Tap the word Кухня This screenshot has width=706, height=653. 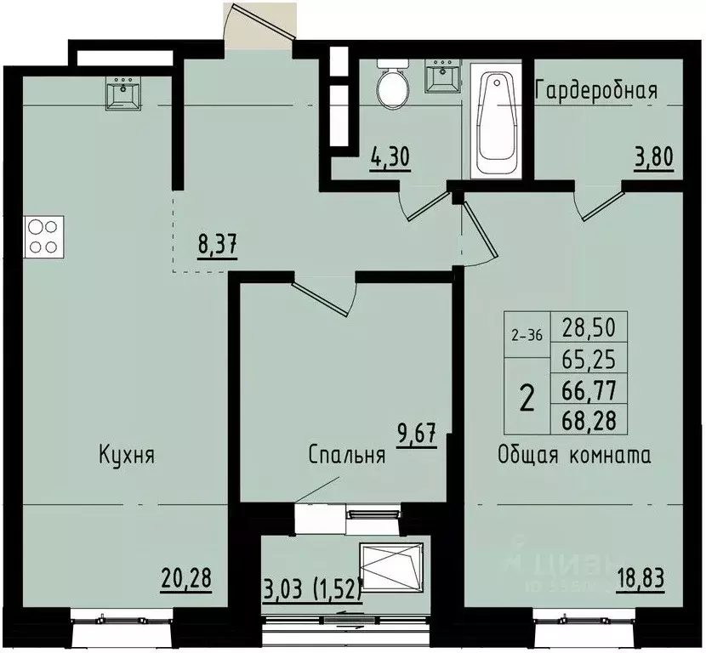pyautogui.click(x=126, y=455)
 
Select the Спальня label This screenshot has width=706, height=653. pyautogui.click(x=347, y=455)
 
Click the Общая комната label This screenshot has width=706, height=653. pyautogui.click(x=574, y=455)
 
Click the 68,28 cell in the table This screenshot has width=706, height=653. pyautogui.click(x=589, y=417)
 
